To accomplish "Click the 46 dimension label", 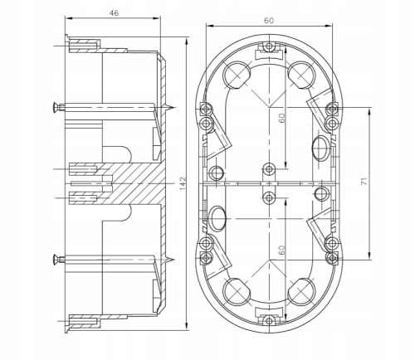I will pyautogui.click(x=114, y=13).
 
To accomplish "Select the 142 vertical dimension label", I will pyautogui.click(x=182, y=181).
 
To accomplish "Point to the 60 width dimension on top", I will pyautogui.click(x=268, y=19).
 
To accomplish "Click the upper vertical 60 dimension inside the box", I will pyautogui.click(x=283, y=117).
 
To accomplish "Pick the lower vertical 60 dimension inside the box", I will pyautogui.click(x=283, y=250).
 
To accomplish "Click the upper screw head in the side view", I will pyautogui.click(x=57, y=106).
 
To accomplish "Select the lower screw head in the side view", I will pyautogui.click(x=57, y=256).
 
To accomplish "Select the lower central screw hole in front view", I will pyautogui.click(x=268, y=197).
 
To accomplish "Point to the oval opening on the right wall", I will pyautogui.click(x=318, y=148).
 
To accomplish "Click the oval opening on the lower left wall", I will pyautogui.click(x=218, y=217).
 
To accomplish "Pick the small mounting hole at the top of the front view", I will pyautogui.click(x=268, y=43).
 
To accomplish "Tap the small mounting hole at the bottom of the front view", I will pyautogui.click(x=268, y=320).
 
